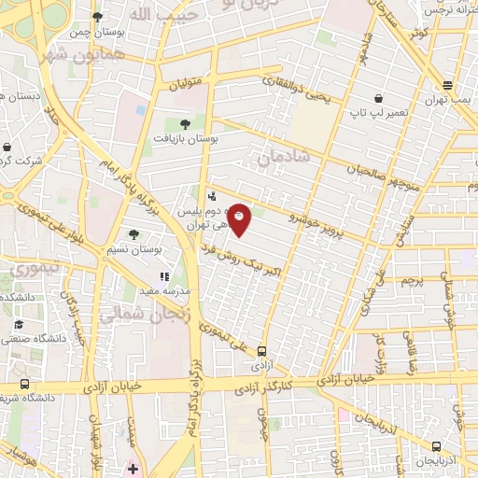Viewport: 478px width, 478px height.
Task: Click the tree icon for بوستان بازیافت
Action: tap(183, 122)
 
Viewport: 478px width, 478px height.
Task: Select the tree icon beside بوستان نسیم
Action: tap(134, 234)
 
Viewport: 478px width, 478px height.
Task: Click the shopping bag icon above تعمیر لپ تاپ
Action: tap(378, 97)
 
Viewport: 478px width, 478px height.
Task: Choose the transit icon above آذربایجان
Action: tap(437, 447)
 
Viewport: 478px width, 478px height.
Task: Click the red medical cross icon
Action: tap(133, 468)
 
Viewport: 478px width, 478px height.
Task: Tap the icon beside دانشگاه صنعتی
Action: tap(19, 325)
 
